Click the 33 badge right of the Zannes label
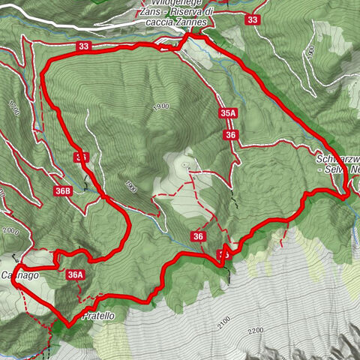coord(252,20)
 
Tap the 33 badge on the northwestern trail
coord(83,46)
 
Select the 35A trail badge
coord(229,113)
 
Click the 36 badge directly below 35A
coord(230,135)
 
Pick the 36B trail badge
coord(62,191)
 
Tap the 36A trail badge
coord(75,275)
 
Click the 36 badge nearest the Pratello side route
coord(198,237)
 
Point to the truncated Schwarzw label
coord(338,160)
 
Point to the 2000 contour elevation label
coord(9,232)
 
